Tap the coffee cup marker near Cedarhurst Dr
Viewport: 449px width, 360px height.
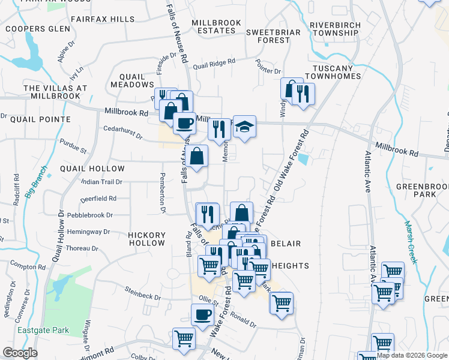184,124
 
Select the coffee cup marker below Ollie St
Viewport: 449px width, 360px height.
202,314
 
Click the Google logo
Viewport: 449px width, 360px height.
20,353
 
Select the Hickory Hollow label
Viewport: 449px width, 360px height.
146,239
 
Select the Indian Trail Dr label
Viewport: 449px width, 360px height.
102,182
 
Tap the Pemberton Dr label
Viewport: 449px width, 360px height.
162,193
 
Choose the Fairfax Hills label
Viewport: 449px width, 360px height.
103,19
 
